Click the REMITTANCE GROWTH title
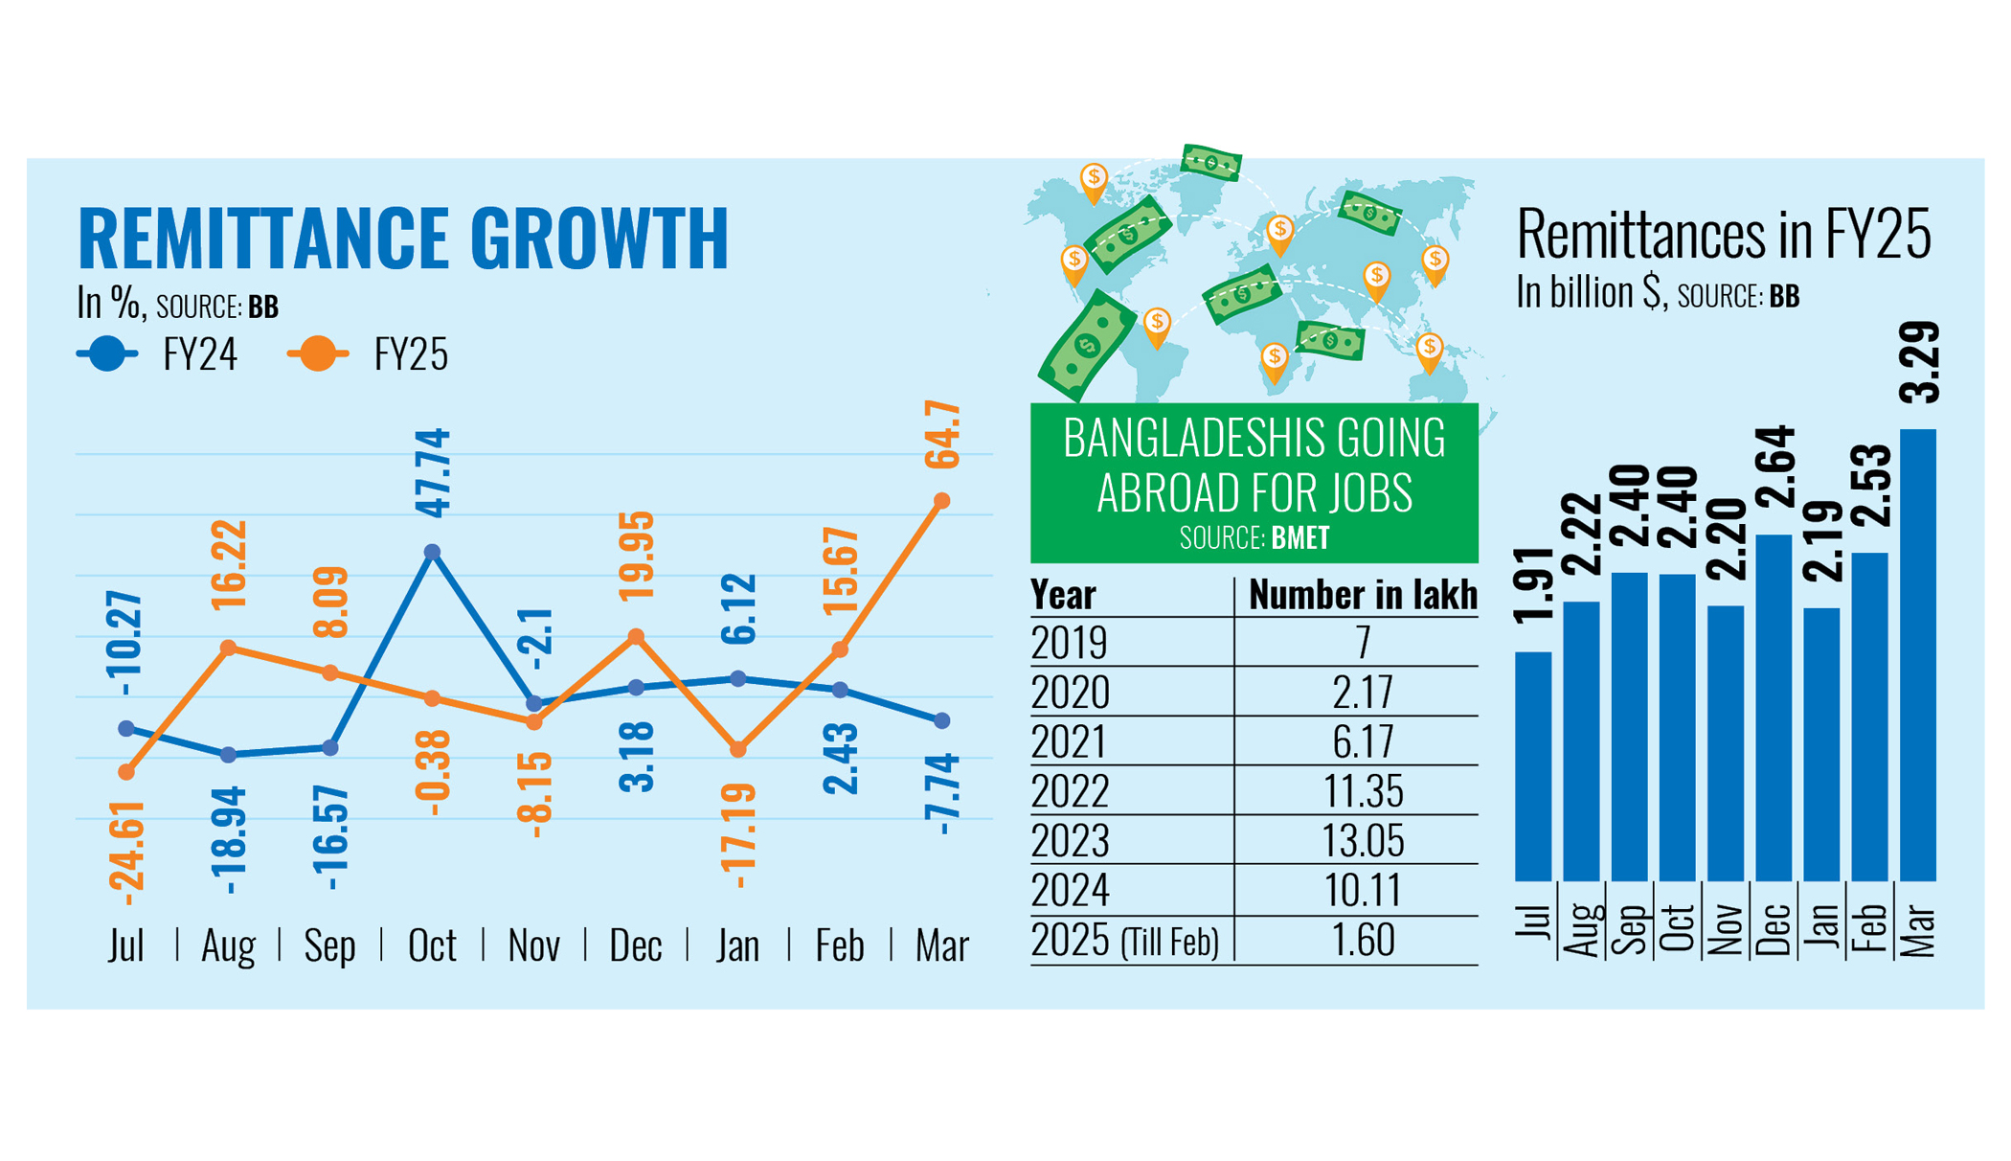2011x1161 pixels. pyautogui.click(x=402, y=237)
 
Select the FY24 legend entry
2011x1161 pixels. pyautogui.click(x=158, y=354)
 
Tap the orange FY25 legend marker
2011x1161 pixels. pyautogui.click(x=318, y=354)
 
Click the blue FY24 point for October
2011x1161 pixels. pyautogui.click(x=432, y=552)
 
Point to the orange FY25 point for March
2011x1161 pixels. pyautogui.click(x=941, y=501)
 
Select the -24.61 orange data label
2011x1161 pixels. pyautogui.click(x=127, y=853)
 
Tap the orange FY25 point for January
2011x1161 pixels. pyautogui.click(x=737, y=750)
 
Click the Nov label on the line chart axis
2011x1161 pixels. pyautogui.click(x=533, y=946)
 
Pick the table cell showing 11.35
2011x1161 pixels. pyautogui.click(x=1363, y=791)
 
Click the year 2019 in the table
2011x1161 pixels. pyautogui.click(x=1070, y=642)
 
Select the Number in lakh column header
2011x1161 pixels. pyautogui.click(x=1362, y=595)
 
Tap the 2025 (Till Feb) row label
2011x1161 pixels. pyautogui.click(x=1124, y=941)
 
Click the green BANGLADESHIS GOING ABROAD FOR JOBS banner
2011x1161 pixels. pyautogui.click(x=1254, y=482)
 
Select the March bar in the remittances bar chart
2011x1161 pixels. pyautogui.click(x=1917, y=655)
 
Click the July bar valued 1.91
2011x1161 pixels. pyautogui.click(x=1532, y=766)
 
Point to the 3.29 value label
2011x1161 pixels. pyautogui.click(x=1919, y=362)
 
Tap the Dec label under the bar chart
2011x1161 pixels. pyautogui.click(x=1774, y=928)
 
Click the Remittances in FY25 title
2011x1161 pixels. pyautogui.click(x=1723, y=235)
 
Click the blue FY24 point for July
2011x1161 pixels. pyautogui.click(x=126, y=729)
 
